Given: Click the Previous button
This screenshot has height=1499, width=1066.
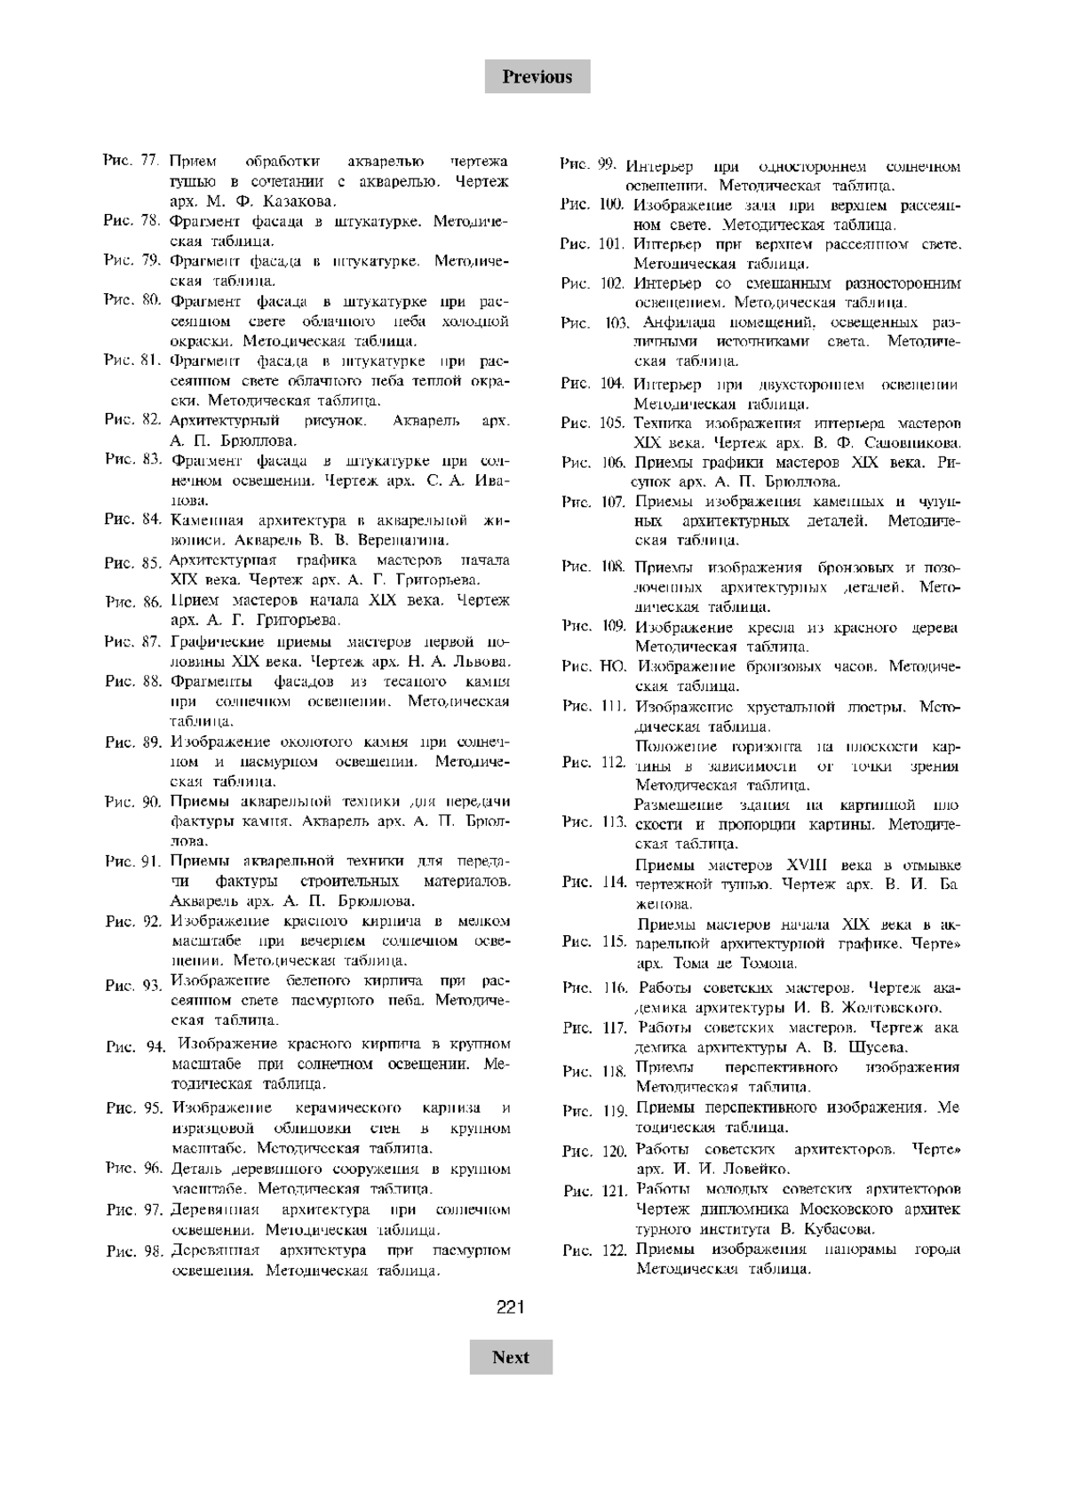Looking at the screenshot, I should [537, 76].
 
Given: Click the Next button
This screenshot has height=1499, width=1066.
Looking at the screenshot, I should [511, 1357].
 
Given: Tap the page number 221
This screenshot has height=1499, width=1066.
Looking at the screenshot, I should [511, 1307].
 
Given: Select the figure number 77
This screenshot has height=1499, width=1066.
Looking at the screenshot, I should [148, 162].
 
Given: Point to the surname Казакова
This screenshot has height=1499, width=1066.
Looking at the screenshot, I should [302, 202].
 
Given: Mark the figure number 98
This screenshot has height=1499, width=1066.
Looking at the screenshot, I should [154, 1251].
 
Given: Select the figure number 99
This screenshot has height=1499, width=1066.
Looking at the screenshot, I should [607, 164].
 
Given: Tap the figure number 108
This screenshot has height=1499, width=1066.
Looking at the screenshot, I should [613, 567].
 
